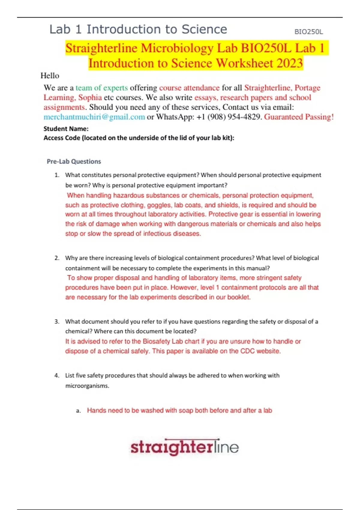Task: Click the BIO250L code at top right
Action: click(x=308, y=32)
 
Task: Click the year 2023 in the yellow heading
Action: click(x=289, y=63)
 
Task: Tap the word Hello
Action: click(x=50, y=76)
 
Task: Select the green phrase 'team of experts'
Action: click(x=102, y=88)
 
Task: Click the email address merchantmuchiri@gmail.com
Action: click(x=94, y=117)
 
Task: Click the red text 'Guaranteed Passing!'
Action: click(x=299, y=117)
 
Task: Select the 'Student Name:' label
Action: click(x=66, y=129)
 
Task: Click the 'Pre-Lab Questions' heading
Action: click(x=74, y=161)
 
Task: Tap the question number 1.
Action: click(x=57, y=175)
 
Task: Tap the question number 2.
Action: click(x=57, y=258)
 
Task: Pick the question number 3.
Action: click(x=57, y=322)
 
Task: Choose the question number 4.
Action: click(x=57, y=376)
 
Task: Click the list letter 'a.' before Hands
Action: click(x=79, y=411)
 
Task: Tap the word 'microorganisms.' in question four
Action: click(x=87, y=386)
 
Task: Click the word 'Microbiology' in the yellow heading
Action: click(x=177, y=48)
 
